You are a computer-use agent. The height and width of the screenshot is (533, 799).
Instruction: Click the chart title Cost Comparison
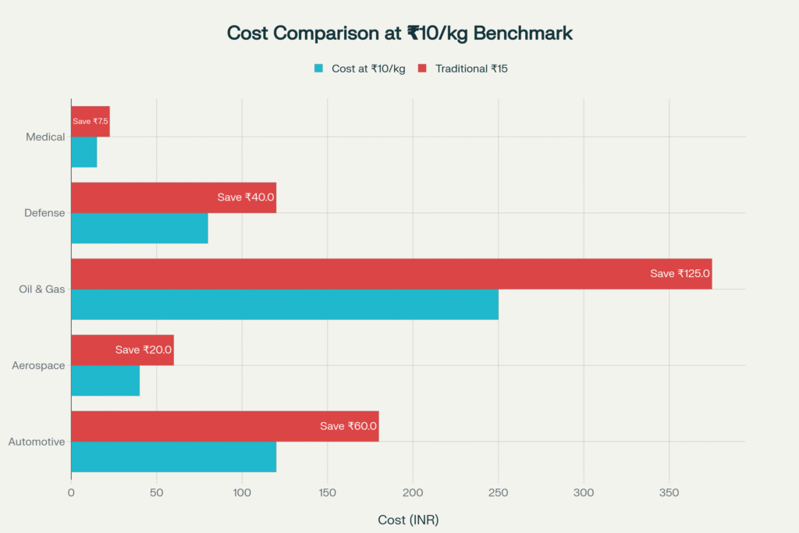[399, 34]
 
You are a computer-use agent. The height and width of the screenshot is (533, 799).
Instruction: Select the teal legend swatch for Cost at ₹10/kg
[318, 69]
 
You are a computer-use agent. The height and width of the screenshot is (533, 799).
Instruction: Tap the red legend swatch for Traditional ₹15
[422, 69]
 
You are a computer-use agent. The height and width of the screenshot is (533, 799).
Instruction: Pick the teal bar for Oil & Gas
[284, 304]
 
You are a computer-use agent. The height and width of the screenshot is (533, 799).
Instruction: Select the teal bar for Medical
[84, 152]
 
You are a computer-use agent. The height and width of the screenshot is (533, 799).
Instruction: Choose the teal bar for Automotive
[173, 457]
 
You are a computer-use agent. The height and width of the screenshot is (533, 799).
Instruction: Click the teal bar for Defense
[139, 228]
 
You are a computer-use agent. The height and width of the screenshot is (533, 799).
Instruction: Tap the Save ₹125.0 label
[680, 274]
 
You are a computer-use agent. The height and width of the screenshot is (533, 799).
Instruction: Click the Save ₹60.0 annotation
[348, 426]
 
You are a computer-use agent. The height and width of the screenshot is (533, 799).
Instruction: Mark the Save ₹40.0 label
[246, 197]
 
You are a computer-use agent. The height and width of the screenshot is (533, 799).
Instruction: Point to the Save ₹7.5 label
[91, 122]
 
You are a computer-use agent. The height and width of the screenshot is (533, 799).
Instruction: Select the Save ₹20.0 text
[144, 350]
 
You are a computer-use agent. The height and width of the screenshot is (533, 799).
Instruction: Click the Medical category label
[45, 137]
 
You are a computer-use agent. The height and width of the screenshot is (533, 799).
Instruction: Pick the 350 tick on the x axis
[669, 492]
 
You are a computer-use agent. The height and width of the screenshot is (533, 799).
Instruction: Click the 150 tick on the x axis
[327, 492]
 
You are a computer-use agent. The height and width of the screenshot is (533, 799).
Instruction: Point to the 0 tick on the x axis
[71, 492]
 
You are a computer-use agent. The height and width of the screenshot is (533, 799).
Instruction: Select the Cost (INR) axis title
[408, 520]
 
